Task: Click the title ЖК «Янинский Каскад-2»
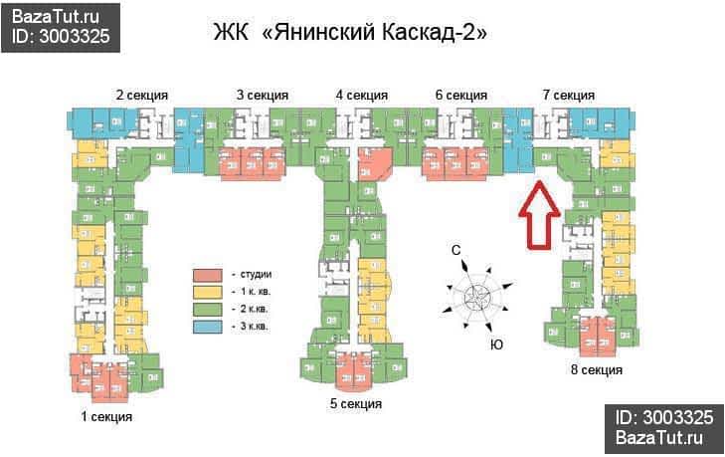point(350,32)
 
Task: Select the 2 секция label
point(141,96)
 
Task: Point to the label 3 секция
point(263,96)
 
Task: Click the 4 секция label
point(361,96)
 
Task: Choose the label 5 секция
point(356,403)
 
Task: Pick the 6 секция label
point(460,96)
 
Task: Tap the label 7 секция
point(568,96)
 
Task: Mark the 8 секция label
point(597,370)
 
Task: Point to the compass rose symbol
point(477,295)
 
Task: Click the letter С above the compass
point(454,252)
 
